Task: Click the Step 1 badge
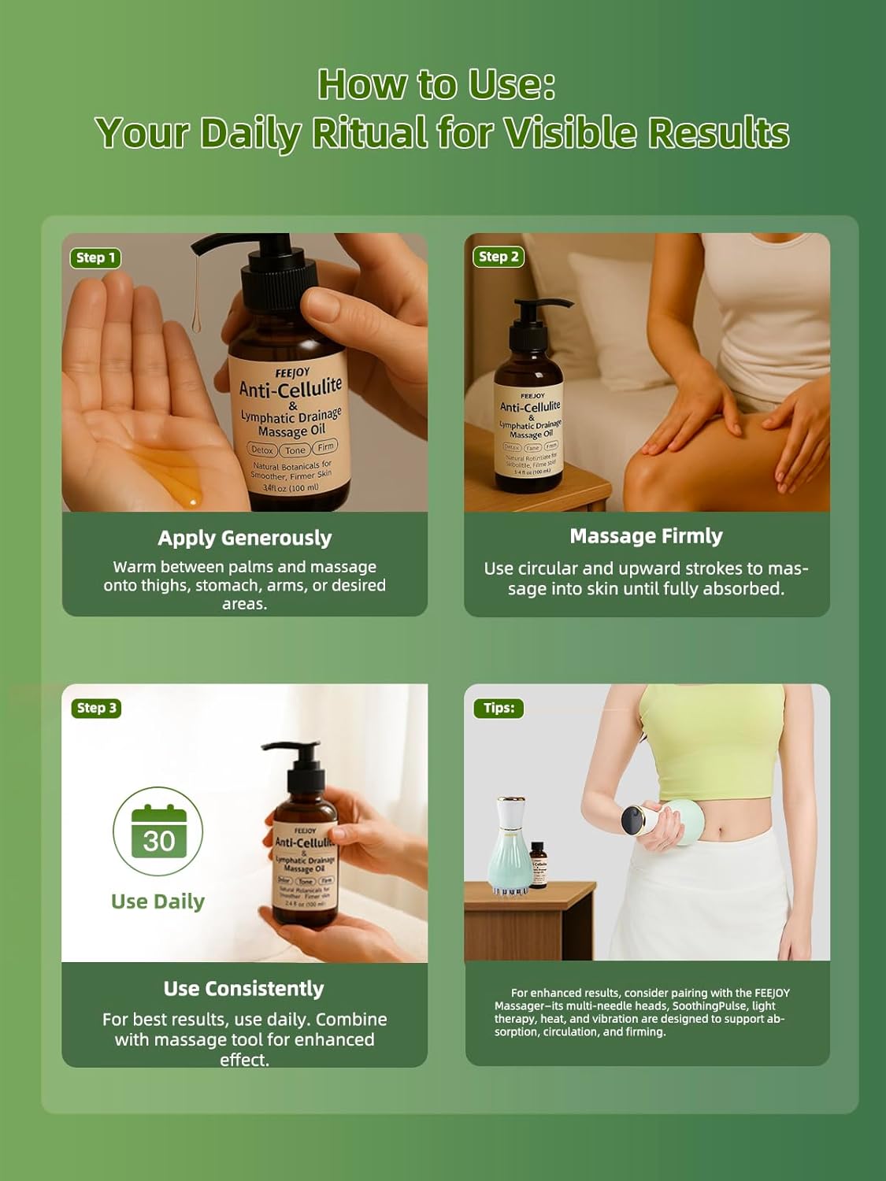click(95, 257)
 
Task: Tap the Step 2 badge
click(499, 256)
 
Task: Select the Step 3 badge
click(96, 708)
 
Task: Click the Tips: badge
click(499, 708)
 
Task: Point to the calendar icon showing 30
click(158, 831)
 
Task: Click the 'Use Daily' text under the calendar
click(158, 901)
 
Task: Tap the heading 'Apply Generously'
click(244, 538)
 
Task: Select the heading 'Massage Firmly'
click(646, 536)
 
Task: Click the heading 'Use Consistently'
click(244, 988)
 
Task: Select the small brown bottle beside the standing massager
click(539, 865)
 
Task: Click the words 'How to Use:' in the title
click(436, 84)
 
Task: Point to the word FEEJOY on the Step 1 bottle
click(292, 372)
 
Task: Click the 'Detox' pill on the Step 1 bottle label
click(262, 450)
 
